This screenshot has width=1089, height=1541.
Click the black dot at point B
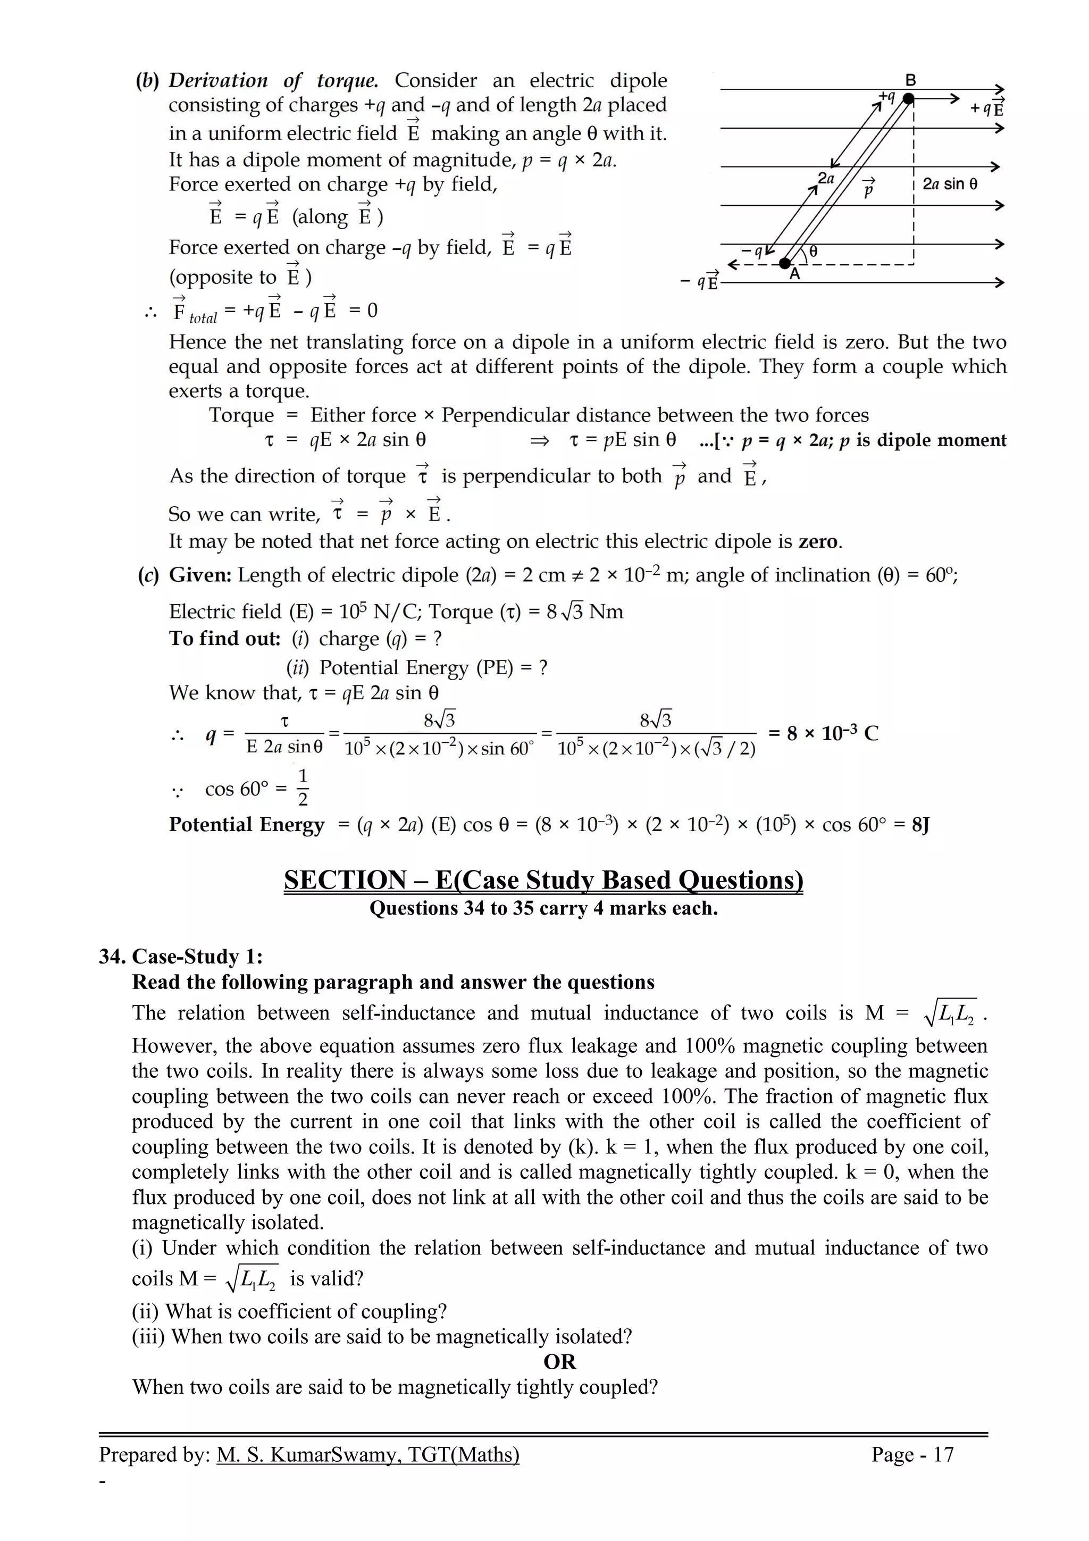908,99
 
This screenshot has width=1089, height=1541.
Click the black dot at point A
785,264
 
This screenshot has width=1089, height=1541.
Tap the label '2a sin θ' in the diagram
950,184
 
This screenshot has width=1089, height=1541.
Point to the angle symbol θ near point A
813,252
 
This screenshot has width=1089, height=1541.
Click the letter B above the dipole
910,80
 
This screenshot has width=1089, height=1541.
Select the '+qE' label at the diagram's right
986,107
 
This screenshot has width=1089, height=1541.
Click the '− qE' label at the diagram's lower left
699,281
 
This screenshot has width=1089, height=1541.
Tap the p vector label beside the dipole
869,189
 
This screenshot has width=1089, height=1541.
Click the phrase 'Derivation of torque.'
273,80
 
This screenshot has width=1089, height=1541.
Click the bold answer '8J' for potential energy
920,824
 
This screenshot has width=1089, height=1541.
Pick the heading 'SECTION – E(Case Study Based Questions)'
543,880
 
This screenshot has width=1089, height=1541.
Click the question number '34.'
113,957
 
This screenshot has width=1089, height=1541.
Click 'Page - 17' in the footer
912,1454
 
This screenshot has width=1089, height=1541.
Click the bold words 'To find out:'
224,638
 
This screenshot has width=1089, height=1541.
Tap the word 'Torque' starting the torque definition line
241,415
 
